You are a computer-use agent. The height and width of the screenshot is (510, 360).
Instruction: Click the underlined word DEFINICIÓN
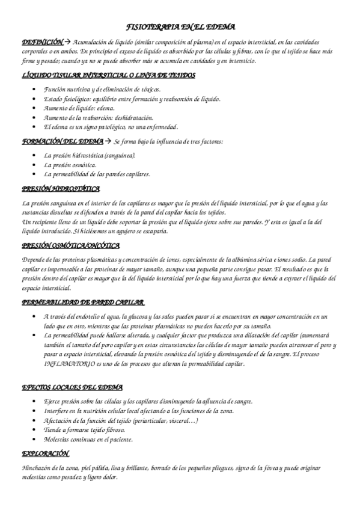pyautogui.click(x=42, y=42)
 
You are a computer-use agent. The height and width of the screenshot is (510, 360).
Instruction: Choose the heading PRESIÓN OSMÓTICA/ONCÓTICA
pyautogui.click(x=71, y=245)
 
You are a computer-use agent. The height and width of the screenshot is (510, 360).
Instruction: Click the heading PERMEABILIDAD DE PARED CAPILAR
pyautogui.click(x=82, y=302)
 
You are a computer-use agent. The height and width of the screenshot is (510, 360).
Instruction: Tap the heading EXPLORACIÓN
pyautogui.click(x=45, y=453)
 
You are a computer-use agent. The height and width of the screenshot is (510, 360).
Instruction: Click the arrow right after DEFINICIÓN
pyautogui.click(x=68, y=42)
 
